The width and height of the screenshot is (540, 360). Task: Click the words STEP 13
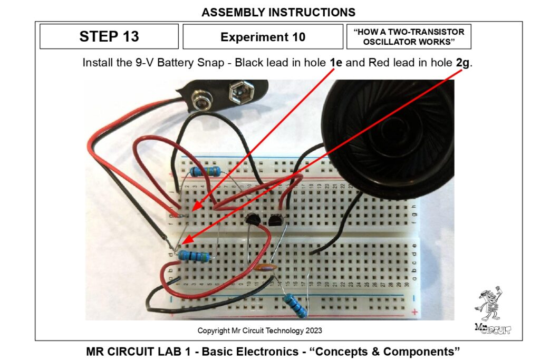click(x=109, y=36)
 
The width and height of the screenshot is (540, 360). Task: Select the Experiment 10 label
click(x=263, y=37)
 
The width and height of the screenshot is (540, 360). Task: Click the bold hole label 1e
click(x=336, y=63)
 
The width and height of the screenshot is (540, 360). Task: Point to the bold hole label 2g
click(x=462, y=63)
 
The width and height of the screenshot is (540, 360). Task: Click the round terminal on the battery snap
click(x=200, y=100)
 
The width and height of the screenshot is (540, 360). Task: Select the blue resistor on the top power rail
click(x=206, y=171)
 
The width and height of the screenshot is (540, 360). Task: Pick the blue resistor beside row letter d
click(x=193, y=256)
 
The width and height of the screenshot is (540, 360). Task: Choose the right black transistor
click(x=275, y=220)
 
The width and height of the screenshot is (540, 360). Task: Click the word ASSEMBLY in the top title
click(x=230, y=12)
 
